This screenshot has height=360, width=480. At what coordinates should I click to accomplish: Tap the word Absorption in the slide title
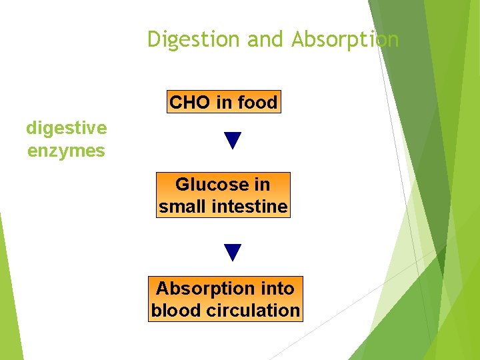pos(345,40)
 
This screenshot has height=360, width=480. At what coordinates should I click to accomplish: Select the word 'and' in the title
pos(267,40)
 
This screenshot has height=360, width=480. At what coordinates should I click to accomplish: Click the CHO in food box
pos(223,102)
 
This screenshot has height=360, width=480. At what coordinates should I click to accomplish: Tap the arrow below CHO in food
pos(232,141)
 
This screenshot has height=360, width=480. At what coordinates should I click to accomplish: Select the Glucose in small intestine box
pos(223,195)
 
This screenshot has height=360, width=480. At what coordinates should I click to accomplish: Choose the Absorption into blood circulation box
pos(225,299)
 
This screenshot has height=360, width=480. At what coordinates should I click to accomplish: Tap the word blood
pos(175,311)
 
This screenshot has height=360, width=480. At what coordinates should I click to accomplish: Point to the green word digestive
pos(66,128)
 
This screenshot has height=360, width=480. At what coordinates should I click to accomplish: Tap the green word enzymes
pos(66,151)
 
